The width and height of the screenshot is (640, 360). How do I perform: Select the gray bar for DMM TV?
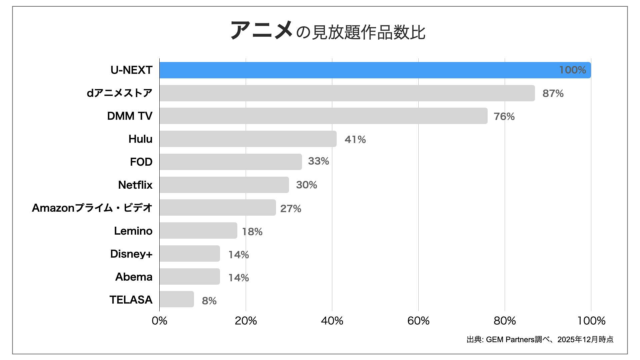pyautogui.click(x=323, y=116)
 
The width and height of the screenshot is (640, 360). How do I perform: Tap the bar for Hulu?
pyautogui.click(x=248, y=139)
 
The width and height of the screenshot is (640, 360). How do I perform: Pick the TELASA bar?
pyautogui.click(x=177, y=299)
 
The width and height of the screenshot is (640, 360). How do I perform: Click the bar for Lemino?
pyautogui.click(x=198, y=231)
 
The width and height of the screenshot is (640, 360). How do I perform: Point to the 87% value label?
pyautogui.click(x=553, y=93)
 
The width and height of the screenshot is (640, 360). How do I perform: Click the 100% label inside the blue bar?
pyautogui.click(x=572, y=70)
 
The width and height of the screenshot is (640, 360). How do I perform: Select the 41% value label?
pyautogui.click(x=355, y=139)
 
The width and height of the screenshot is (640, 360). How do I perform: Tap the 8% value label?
pyautogui.click(x=209, y=301)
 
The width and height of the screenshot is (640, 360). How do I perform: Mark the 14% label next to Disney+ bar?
pyautogui.click(x=238, y=255)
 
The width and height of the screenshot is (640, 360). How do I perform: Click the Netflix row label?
pyautogui.click(x=135, y=185)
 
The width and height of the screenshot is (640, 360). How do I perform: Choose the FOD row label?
pyautogui.click(x=141, y=162)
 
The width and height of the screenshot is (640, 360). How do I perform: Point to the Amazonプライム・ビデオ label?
pyautogui.click(x=92, y=208)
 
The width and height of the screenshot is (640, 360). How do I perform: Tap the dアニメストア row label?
pyautogui.click(x=119, y=93)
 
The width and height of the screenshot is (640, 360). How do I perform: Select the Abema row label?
pyautogui.click(x=134, y=277)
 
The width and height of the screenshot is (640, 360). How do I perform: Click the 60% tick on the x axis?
pyautogui.click(x=418, y=321)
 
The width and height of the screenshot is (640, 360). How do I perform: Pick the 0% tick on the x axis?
pyautogui.click(x=159, y=321)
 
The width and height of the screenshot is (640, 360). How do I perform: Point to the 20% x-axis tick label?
pyautogui.click(x=246, y=321)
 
